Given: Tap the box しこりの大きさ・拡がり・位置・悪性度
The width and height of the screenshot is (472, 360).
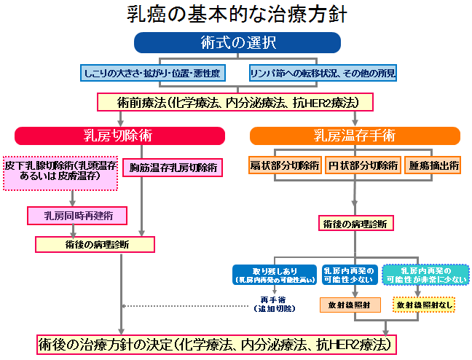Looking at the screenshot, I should (x=152, y=73).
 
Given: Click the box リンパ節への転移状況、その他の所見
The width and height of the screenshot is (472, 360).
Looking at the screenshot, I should (x=323, y=73).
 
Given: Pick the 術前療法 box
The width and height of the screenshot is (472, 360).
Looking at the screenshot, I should (x=236, y=102).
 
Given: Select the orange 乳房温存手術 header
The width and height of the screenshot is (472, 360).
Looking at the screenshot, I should (x=355, y=136).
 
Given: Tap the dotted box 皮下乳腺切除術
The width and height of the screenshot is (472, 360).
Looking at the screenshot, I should (x=60, y=172).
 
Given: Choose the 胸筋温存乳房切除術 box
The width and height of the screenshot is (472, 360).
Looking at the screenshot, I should (x=173, y=167).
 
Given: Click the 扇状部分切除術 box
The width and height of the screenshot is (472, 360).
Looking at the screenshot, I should (x=284, y=165).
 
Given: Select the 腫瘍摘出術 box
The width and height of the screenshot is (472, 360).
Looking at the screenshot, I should (x=433, y=165).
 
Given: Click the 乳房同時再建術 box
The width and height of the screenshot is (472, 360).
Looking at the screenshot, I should (x=76, y=216).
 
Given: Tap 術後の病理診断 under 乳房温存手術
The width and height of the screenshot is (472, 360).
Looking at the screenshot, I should (x=355, y=224).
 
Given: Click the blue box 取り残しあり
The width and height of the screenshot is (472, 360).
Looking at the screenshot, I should (x=274, y=274).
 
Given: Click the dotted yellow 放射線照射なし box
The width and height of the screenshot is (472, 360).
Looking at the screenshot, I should (x=425, y=305).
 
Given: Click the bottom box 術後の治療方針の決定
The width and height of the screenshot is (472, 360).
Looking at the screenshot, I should (x=218, y=343).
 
